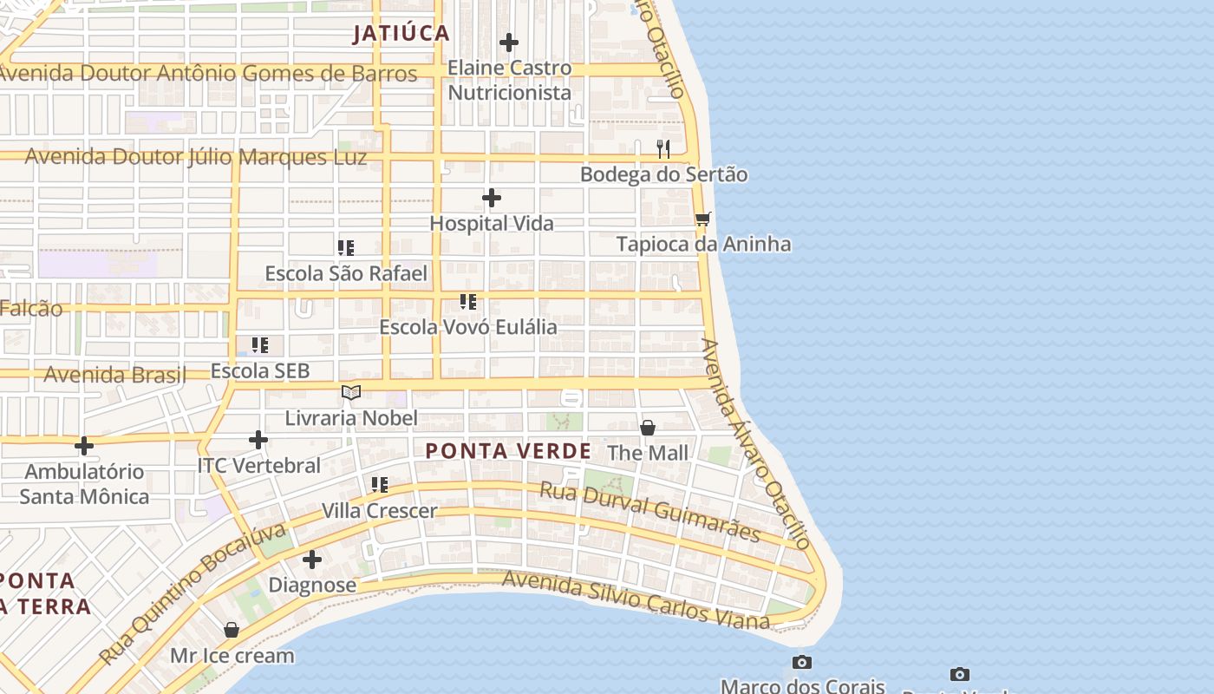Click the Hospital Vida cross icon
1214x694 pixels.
492,198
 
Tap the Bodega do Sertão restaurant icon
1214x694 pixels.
663,149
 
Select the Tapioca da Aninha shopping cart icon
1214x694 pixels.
702,219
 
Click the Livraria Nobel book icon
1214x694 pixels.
351,393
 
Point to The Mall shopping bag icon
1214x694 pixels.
648,428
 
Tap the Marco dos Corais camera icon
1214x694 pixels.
802,663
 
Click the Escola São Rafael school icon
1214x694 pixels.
346,248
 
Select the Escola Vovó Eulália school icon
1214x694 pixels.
468,302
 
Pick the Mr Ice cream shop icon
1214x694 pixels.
232,630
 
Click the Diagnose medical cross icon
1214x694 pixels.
312,560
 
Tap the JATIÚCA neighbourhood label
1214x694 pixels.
401,34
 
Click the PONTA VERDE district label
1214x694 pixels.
508,451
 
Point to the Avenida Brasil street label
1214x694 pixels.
114,375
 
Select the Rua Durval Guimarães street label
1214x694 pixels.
649,512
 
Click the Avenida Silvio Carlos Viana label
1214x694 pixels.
635,600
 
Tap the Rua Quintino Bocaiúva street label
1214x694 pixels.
192,593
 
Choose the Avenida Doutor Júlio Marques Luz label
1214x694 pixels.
195,157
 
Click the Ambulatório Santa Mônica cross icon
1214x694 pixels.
84,446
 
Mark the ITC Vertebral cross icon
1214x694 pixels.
258,440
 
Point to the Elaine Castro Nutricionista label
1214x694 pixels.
509,80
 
